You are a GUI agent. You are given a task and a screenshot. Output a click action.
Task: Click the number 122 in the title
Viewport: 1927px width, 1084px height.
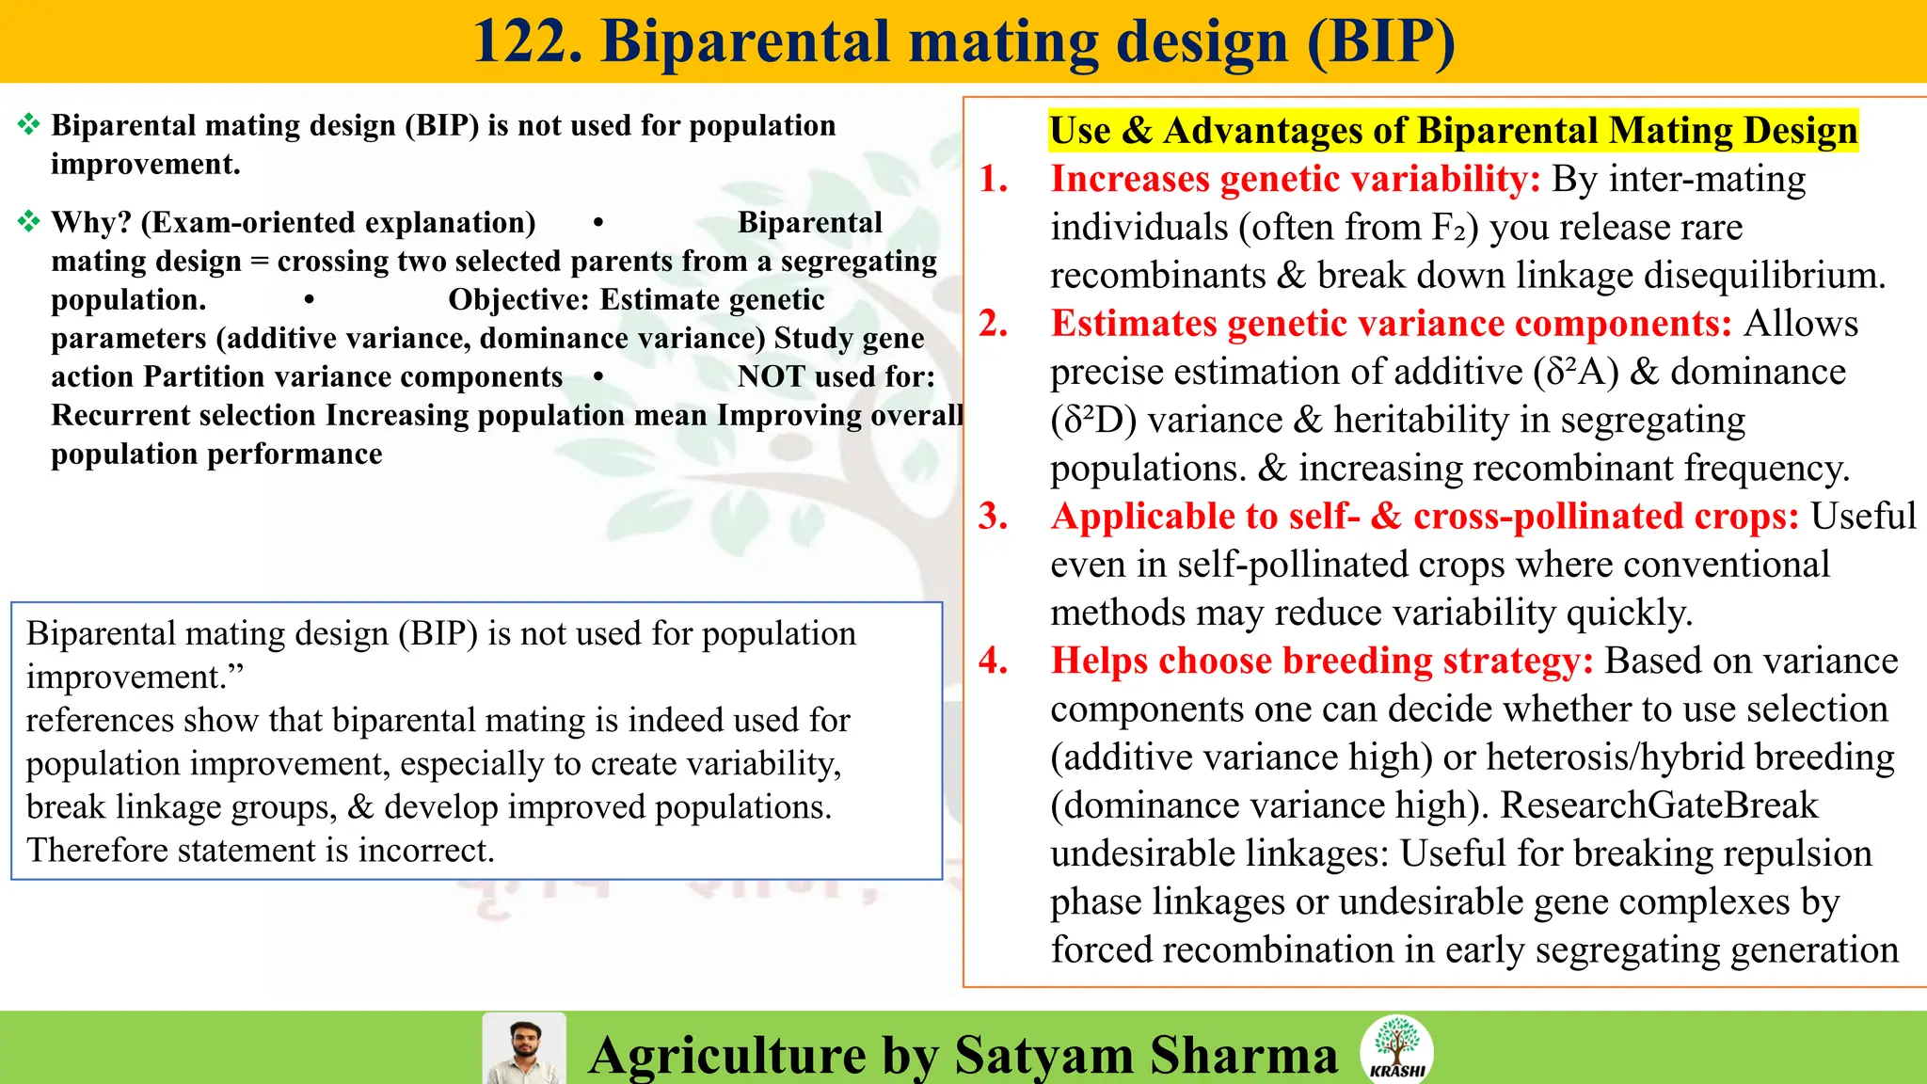(527, 42)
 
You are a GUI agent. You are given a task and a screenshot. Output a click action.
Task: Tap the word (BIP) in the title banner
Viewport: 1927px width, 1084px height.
(1380, 42)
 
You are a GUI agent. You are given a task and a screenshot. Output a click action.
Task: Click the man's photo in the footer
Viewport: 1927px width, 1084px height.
(524, 1049)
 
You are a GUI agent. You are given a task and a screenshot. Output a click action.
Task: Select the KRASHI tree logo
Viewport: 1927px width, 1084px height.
(1396, 1047)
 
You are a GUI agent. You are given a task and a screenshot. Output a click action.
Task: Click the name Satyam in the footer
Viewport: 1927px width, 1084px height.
(1043, 1055)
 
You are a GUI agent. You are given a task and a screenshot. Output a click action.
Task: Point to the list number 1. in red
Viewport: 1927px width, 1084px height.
(994, 179)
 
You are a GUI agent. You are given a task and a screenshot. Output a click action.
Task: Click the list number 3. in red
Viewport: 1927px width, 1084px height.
(994, 517)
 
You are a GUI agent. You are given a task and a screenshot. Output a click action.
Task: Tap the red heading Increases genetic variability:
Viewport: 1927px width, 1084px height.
(1295, 179)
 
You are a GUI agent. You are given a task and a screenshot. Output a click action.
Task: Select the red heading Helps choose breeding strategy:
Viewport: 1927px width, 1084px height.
(1322, 661)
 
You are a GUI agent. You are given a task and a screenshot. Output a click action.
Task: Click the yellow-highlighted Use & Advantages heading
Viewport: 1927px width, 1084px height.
(1454, 130)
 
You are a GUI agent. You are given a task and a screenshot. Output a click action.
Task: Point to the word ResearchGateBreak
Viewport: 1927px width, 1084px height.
(1659, 805)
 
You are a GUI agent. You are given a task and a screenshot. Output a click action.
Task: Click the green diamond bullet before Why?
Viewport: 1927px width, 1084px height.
(29, 222)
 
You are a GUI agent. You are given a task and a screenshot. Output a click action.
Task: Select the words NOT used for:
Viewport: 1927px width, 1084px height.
(836, 377)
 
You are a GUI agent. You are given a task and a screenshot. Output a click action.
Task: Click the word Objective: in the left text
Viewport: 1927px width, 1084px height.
(519, 300)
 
